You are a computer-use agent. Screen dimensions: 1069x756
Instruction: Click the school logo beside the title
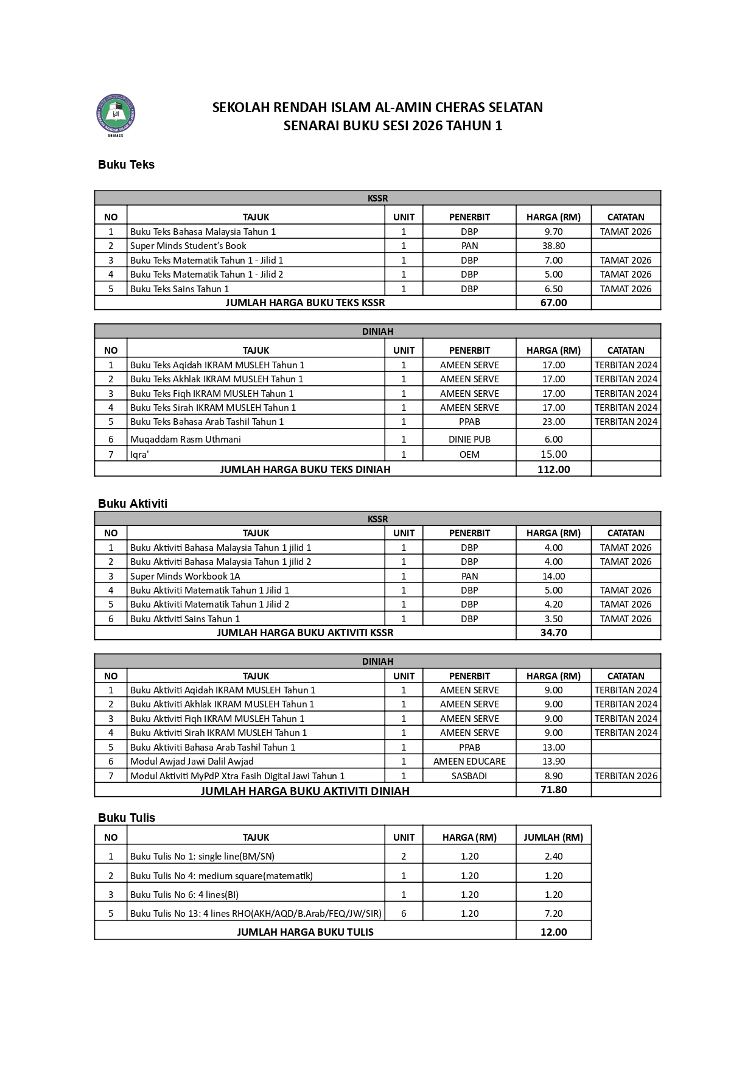[x=116, y=114]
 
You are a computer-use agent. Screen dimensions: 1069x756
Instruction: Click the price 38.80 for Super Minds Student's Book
[x=553, y=246]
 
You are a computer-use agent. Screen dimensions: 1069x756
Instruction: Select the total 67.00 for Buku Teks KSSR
[x=553, y=303]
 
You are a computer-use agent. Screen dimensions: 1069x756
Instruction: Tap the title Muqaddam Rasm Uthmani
[x=185, y=439]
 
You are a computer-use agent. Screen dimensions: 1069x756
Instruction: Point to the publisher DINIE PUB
[x=469, y=439]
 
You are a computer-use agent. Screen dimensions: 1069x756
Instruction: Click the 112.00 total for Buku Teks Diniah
[x=553, y=469]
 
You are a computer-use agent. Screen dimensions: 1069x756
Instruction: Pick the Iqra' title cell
[x=139, y=454]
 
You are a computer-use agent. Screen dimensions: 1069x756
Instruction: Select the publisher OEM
[x=469, y=454]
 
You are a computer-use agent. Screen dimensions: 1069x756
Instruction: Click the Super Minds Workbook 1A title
[x=185, y=576]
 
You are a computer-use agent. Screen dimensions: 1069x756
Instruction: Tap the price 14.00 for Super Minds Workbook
[x=553, y=576]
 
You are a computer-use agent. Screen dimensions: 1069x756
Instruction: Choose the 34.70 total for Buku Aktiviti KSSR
[x=553, y=633]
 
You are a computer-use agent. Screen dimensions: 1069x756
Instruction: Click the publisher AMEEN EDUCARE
[x=469, y=761]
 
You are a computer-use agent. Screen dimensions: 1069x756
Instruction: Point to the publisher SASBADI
[x=469, y=776]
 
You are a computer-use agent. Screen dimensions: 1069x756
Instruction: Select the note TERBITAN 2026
[x=626, y=776]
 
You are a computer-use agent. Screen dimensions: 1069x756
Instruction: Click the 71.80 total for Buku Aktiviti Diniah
[x=553, y=790]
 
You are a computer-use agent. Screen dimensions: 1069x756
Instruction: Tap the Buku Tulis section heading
[x=127, y=818]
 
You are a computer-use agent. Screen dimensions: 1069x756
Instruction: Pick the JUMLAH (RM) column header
[x=553, y=837]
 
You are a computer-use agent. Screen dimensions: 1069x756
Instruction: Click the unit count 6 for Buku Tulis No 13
[x=404, y=913]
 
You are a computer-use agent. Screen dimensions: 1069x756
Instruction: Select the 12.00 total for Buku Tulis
[x=553, y=932]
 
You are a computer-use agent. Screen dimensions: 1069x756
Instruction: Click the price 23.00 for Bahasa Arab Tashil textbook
[x=553, y=421]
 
